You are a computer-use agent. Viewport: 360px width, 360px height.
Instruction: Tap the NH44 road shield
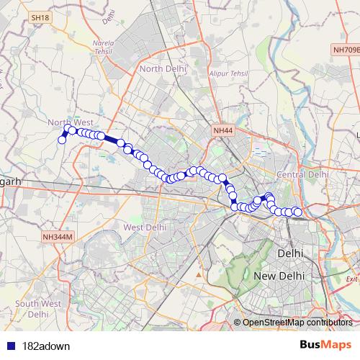(223, 130)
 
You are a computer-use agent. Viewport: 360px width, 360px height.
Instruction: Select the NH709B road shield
(346, 50)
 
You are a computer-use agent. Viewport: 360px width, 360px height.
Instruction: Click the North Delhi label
(163, 68)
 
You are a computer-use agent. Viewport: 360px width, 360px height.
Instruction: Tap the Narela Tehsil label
(104, 48)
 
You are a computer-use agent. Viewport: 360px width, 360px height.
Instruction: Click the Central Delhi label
(302, 175)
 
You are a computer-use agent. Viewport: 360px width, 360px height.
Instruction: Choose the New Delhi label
(279, 276)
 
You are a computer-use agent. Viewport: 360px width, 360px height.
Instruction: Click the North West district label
(71, 122)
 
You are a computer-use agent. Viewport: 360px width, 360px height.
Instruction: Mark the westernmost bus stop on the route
(62, 140)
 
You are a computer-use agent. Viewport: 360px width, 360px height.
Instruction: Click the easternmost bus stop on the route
(297, 212)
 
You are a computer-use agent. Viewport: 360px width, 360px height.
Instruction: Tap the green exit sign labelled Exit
(351, 279)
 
